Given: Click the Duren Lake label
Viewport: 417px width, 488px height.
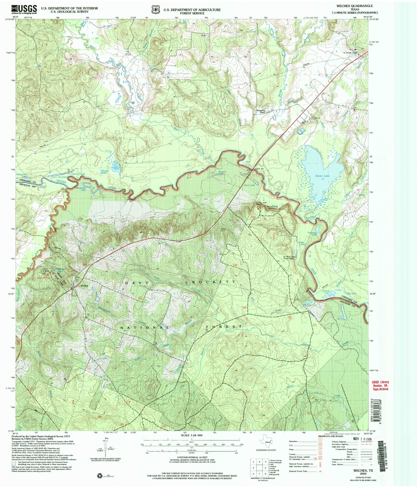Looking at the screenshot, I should [x=322, y=176].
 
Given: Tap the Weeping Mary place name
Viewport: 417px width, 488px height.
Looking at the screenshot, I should [x=261, y=111].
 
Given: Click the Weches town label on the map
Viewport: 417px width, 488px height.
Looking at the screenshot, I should [x=84, y=286].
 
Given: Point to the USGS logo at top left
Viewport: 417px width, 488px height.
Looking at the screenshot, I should [x=24, y=10].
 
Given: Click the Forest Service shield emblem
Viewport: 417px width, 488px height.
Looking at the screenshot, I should [x=156, y=10].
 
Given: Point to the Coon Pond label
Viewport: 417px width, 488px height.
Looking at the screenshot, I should [x=116, y=168].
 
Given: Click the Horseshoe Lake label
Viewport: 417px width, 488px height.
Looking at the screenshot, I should [x=83, y=189].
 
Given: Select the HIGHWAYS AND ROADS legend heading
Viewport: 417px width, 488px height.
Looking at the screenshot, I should [x=330, y=436].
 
